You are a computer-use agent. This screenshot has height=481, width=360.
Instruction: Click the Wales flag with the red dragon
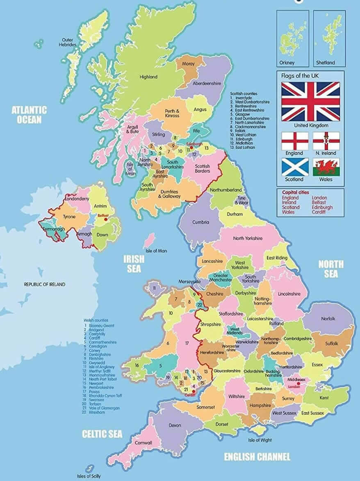point(326,167)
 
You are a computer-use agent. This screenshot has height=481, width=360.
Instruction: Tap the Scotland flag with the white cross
point(295,167)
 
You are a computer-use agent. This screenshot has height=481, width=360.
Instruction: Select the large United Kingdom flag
point(310,101)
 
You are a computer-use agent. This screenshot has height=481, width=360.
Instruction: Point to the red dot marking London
point(298,384)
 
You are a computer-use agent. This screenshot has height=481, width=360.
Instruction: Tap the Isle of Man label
point(156,251)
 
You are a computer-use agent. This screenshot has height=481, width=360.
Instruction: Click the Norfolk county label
point(328,319)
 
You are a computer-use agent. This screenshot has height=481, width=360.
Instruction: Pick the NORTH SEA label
point(331,269)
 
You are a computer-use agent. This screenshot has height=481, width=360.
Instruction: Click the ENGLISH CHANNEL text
point(257,457)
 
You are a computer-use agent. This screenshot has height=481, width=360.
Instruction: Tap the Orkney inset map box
point(292,38)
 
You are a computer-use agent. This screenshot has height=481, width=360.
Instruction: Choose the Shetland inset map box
point(329,38)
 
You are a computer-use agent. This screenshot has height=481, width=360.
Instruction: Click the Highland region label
point(148,77)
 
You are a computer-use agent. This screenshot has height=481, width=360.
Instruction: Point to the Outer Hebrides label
point(68,42)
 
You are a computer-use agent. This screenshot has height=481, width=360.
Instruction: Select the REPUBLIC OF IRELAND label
point(44,284)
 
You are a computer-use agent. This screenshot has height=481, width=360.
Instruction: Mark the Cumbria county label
point(201,222)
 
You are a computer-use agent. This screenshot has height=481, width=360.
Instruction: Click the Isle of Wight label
point(260,440)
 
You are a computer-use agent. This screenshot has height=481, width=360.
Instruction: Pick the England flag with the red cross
point(295,141)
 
